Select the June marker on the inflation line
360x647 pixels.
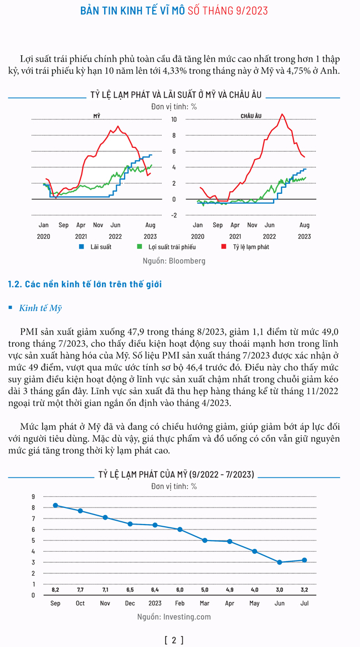click(280, 562)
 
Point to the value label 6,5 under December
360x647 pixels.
click(130, 590)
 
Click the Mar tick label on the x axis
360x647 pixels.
click(204, 603)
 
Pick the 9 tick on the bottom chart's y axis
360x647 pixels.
click(33, 496)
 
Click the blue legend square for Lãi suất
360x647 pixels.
click(81, 247)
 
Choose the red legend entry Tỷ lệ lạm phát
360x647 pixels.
click(245, 247)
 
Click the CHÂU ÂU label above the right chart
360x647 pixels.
click(251, 116)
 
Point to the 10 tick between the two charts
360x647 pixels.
click(174, 120)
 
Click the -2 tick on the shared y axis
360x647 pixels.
click(174, 215)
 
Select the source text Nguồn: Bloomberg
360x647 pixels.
click(173, 261)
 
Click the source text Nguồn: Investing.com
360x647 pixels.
click(174, 617)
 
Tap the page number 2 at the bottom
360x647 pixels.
click(174, 640)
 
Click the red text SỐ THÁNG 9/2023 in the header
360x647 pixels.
click(228, 11)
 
